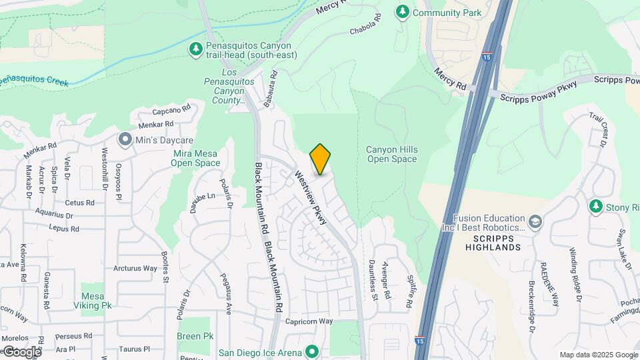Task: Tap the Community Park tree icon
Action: [x=402, y=11]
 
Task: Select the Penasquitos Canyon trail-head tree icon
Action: [x=195, y=49]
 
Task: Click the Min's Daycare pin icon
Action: [x=125, y=140]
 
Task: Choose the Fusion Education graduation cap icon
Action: [x=535, y=221]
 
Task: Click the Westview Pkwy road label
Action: [x=311, y=197]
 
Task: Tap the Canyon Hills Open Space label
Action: [x=391, y=154]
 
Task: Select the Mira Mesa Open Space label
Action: [x=195, y=158]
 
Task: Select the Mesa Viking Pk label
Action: [x=96, y=301]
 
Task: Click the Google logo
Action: [x=21, y=351]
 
